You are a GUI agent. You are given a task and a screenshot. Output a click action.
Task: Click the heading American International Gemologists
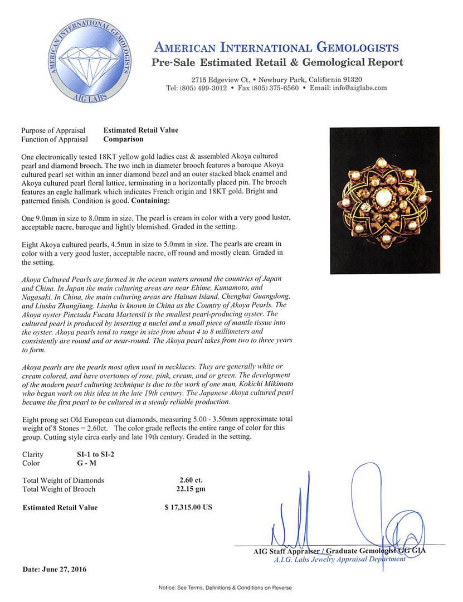(276, 47)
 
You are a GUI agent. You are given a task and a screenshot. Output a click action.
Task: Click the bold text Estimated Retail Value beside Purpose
(141, 130)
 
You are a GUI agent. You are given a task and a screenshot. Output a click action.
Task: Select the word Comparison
(123, 139)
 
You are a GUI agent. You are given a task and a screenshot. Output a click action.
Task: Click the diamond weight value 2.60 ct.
(188, 480)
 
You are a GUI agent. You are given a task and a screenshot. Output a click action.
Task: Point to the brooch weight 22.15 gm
(188, 489)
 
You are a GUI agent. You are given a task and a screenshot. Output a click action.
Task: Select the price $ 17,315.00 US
(188, 507)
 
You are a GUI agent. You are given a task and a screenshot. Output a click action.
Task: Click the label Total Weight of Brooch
(59, 489)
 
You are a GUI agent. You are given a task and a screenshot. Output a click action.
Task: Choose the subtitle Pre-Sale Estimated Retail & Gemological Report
(277, 62)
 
